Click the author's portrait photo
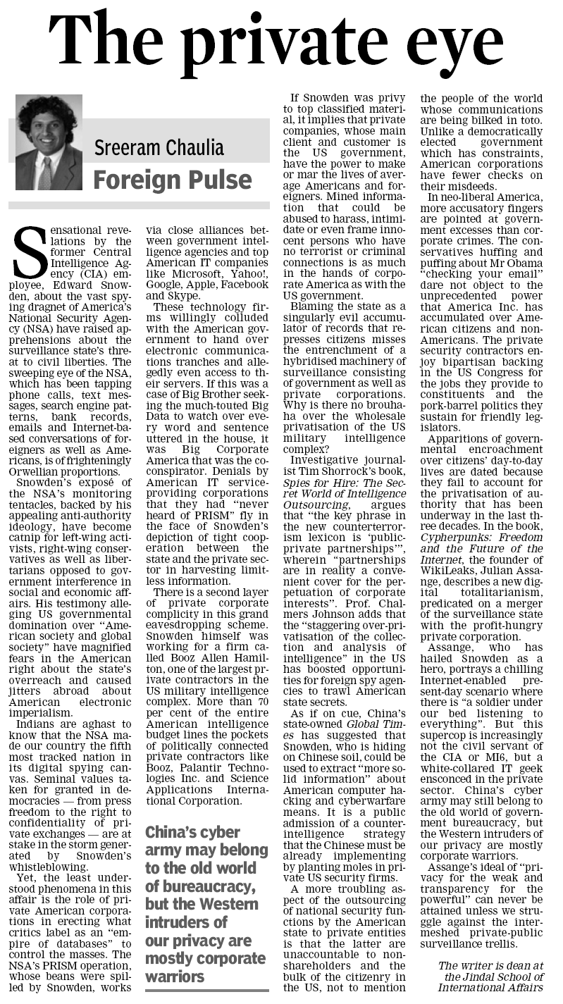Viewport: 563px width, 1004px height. tap(49, 142)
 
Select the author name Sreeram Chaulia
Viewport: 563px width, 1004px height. tap(159, 148)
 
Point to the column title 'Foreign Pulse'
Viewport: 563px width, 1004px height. tap(172, 180)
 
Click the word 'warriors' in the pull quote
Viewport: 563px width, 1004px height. tap(175, 977)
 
